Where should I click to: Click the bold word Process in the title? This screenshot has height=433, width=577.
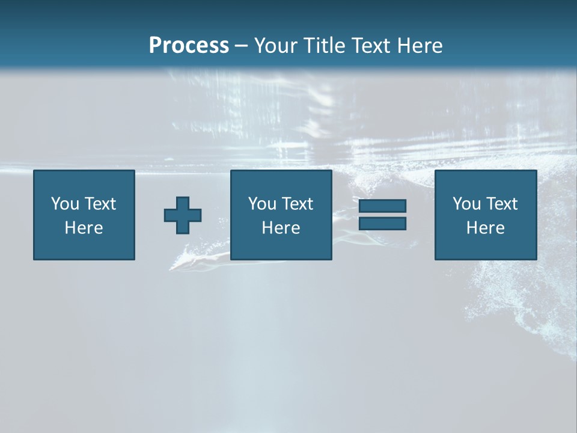point(189,46)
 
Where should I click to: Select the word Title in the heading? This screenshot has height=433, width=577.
point(325,46)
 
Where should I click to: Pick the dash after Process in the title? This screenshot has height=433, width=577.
point(241,46)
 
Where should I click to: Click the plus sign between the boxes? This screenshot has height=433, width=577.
point(183,215)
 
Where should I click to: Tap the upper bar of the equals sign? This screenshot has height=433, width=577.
point(382,206)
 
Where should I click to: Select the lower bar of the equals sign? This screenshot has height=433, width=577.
point(382,223)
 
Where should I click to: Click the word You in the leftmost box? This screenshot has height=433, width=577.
point(66,204)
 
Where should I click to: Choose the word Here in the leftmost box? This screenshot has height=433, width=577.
point(84,228)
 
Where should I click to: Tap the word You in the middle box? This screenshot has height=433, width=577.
point(263,204)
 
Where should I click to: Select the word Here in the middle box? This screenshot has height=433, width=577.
point(281,228)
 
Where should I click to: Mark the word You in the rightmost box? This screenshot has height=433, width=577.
point(467,204)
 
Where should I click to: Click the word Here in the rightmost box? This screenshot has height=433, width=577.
point(485,228)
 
